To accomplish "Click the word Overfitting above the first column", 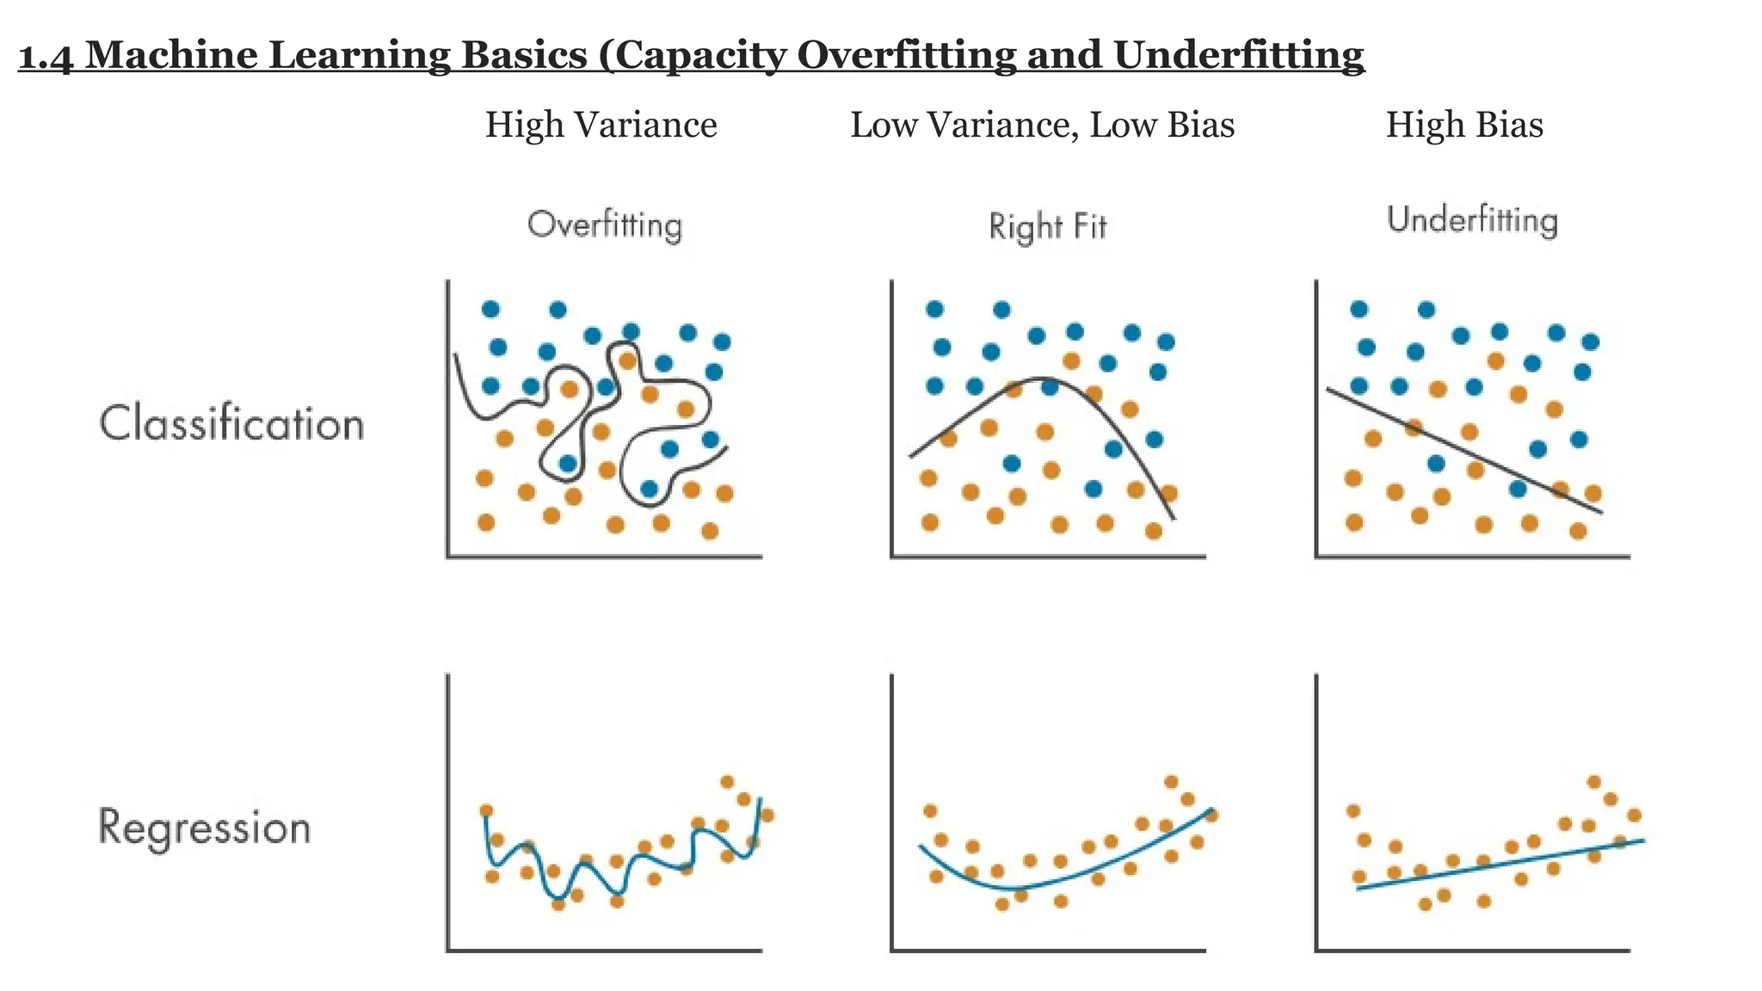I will point(604,225).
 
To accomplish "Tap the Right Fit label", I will point(1047,227).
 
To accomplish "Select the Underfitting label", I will point(1472,220).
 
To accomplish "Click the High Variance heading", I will point(601,126).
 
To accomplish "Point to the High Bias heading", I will point(1464,126).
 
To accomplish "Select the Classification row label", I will point(231,424).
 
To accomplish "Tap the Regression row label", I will point(204,828).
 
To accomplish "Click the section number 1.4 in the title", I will point(46,57).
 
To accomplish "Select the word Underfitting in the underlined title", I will point(1239,55).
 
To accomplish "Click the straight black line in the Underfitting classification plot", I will point(1463,451).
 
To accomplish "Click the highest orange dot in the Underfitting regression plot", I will point(1593,782).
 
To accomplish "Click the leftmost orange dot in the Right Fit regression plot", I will point(929,811).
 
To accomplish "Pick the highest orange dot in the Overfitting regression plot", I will point(727,782).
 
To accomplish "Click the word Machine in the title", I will point(171,57).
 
